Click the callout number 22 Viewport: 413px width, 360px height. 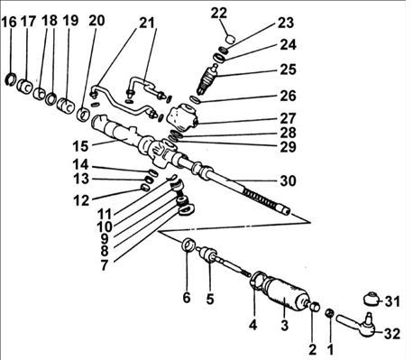(218, 13)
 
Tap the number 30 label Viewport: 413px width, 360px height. (288, 180)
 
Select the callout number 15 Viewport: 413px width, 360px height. (80, 146)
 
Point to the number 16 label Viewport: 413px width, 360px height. (9, 22)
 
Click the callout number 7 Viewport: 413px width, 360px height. (104, 264)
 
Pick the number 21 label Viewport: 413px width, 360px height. (146, 23)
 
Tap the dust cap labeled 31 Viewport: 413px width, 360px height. (371, 299)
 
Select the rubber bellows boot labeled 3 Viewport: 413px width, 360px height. (286, 293)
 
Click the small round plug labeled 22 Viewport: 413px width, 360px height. (230, 39)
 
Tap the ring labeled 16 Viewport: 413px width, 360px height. (11, 78)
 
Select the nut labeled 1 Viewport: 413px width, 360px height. (329, 313)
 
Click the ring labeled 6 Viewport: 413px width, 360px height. (188, 244)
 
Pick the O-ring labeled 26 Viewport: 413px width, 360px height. (195, 99)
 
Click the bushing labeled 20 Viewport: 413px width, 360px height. (83, 114)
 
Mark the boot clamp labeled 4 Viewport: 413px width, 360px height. (257, 281)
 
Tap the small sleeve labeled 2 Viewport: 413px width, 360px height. (315, 306)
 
